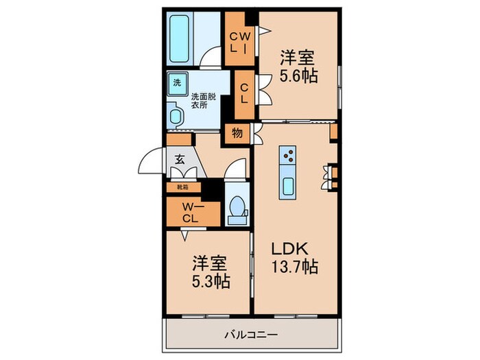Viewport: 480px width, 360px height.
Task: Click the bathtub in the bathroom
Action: (x=182, y=38)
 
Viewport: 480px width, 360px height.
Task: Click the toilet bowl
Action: (x=237, y=208)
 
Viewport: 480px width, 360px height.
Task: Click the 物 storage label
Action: (x=237, y=134)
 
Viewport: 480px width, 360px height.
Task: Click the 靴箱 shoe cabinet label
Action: (x=183, y=187)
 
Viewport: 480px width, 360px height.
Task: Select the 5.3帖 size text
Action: (x=211, y=281)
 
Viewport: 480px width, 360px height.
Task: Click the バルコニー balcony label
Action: (x=251, y=335)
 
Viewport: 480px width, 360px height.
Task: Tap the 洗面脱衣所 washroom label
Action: (x=204, y=101)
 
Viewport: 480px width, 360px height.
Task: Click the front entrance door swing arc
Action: (x=152, y=163)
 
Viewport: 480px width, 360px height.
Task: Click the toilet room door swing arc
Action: (x=237, y=167)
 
